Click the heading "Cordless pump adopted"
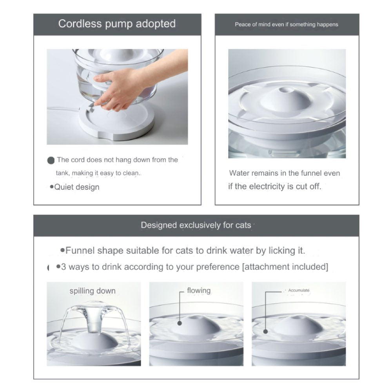[117, 24]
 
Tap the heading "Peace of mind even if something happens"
[287, 24]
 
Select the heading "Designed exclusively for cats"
[196, 225]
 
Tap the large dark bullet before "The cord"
[51, 160]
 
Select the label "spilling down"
[93, 291]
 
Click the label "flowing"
[199, 290]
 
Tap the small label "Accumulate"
[299, 290]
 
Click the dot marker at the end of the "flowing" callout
[180, 323]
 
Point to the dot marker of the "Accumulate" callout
[265, 332]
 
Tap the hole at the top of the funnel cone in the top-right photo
[285, 89]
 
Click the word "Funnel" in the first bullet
[80, 250]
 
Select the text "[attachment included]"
[285, 267]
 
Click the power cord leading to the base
[64, 109]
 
